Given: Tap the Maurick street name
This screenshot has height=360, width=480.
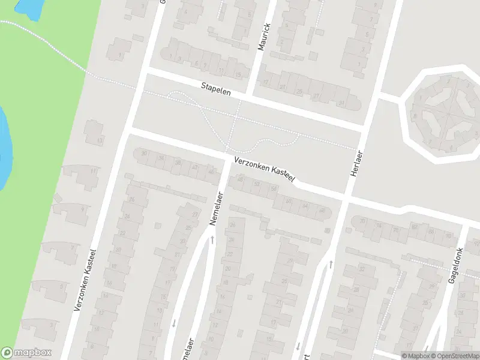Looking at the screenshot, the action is pos(263,37).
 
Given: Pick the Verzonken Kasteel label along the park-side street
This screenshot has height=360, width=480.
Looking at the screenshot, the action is pos(85,280).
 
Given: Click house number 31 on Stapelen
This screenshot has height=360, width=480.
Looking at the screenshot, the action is pos(341,103).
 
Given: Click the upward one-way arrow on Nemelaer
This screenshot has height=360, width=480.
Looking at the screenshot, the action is pos(212,240).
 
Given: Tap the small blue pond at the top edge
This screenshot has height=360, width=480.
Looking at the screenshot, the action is pos(28,6).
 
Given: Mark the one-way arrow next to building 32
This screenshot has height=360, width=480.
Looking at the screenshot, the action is pos(330,263).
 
